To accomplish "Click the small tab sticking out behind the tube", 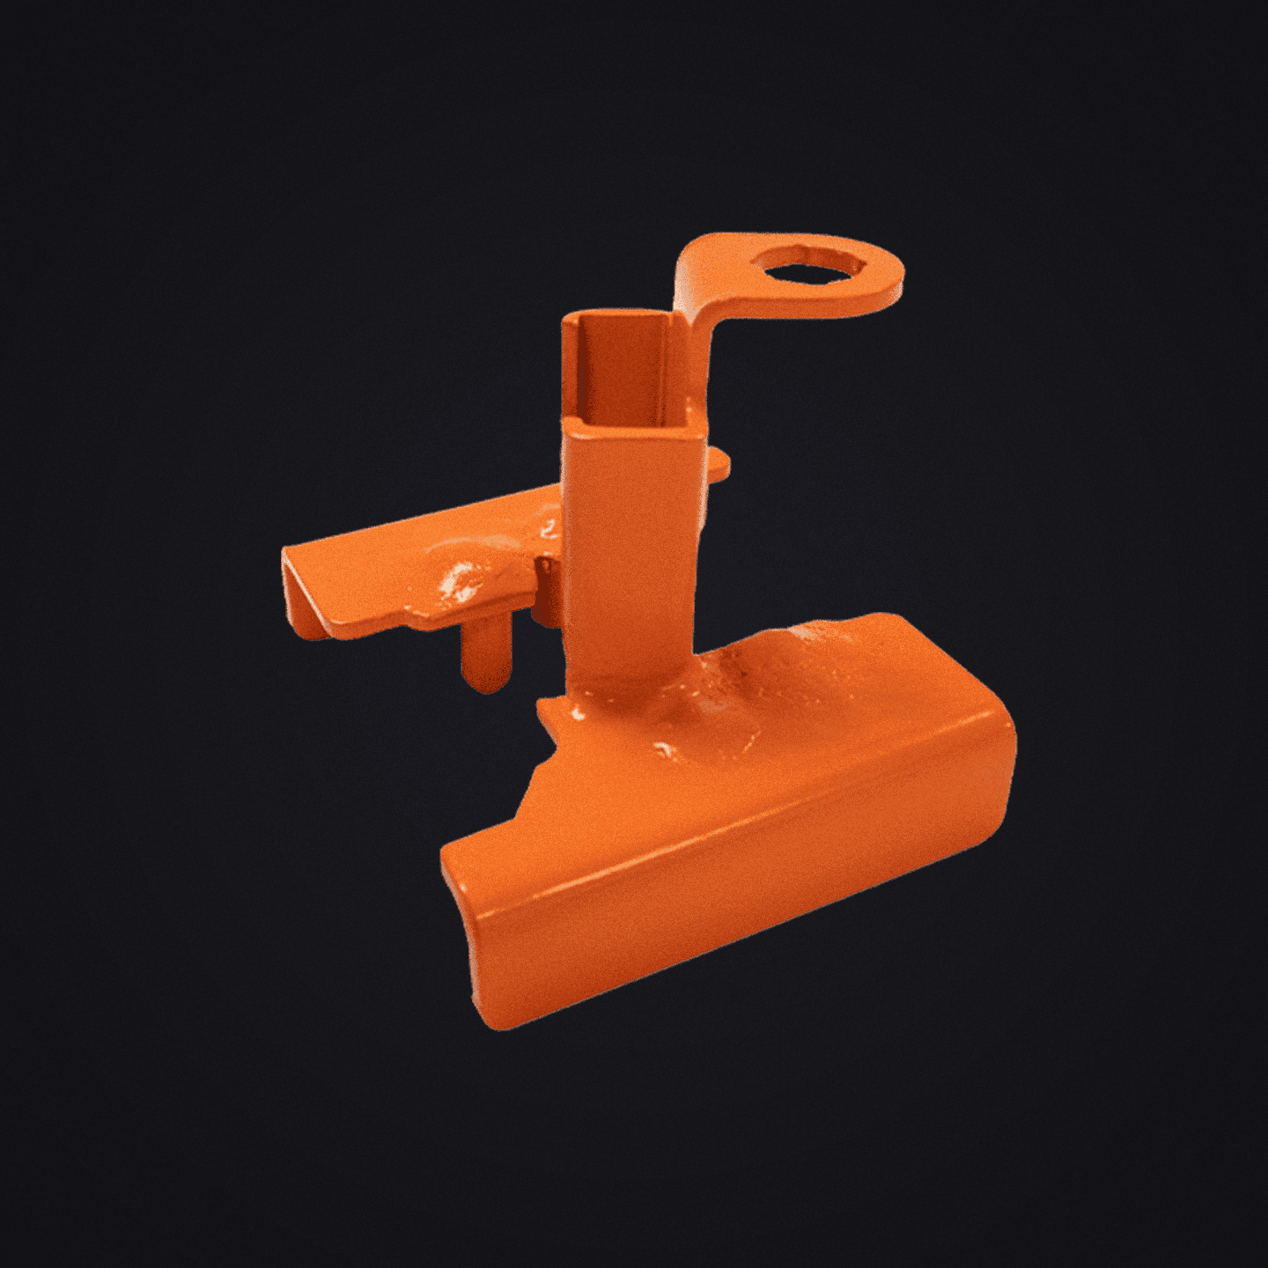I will pos(718,462).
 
